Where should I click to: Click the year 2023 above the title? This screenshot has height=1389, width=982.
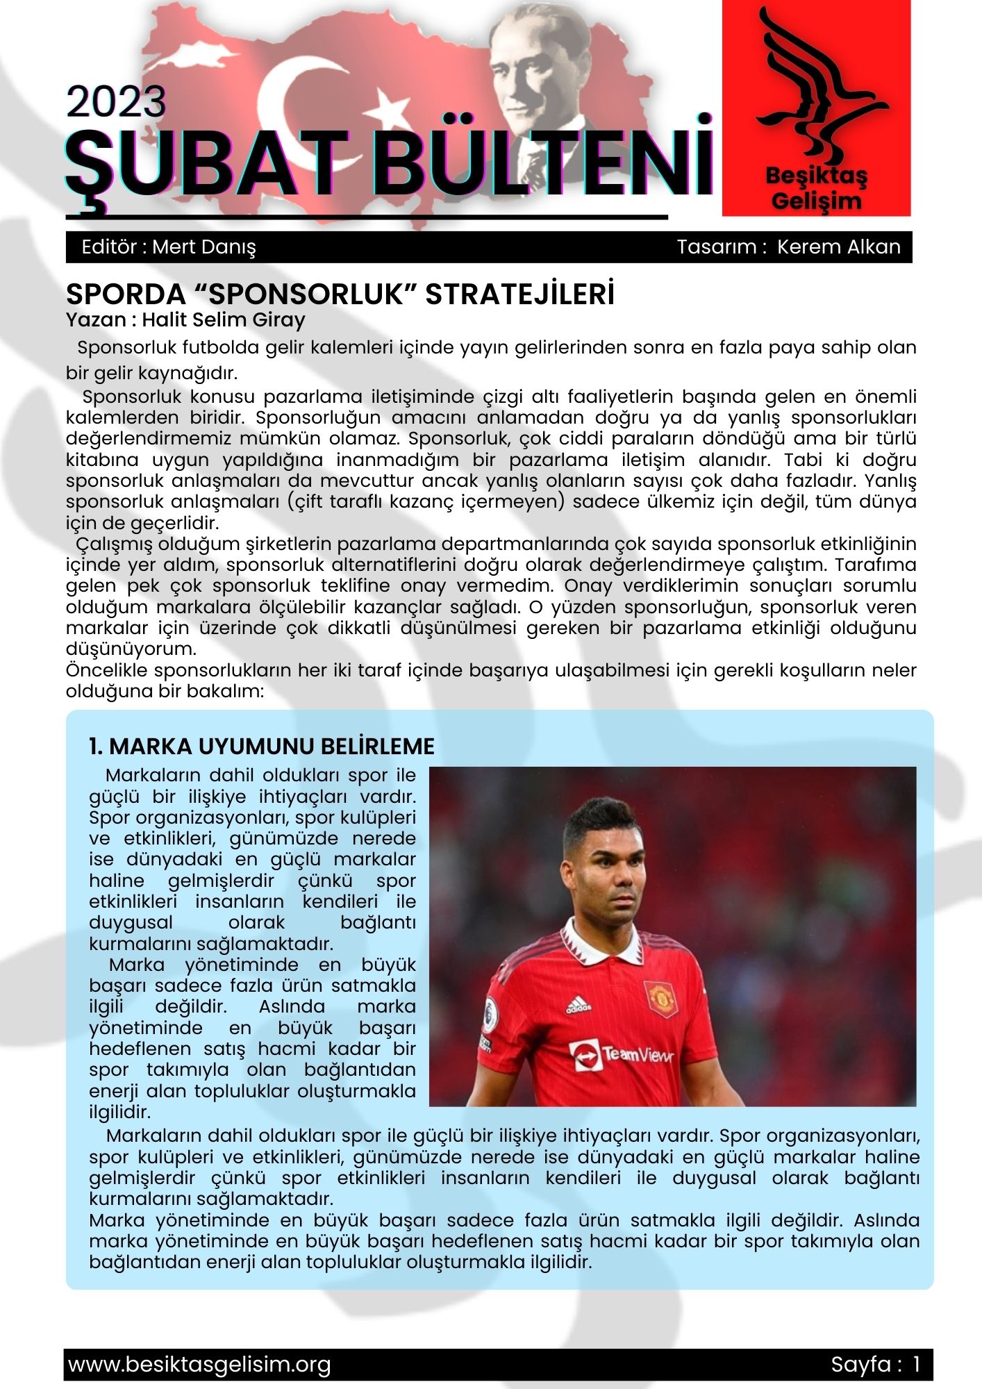tap(116, 101)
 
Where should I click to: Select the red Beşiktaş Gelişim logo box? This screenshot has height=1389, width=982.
tap(816, 108)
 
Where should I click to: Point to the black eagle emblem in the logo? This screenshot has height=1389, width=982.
tap(819, 83)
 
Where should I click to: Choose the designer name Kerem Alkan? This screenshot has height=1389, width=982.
tap(838, 247)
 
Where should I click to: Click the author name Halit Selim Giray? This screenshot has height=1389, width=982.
tap(223, 319)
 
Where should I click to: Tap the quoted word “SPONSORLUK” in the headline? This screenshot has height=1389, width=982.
tap(306, 294)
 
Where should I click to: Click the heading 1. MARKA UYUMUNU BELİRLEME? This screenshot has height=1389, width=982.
tap(261, 747)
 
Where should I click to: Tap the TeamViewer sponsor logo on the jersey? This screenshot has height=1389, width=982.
tap(622, 1055)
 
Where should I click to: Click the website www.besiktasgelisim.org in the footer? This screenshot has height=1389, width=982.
tap(199, 1365)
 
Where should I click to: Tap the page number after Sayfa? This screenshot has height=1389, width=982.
tap(917, 1365)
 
